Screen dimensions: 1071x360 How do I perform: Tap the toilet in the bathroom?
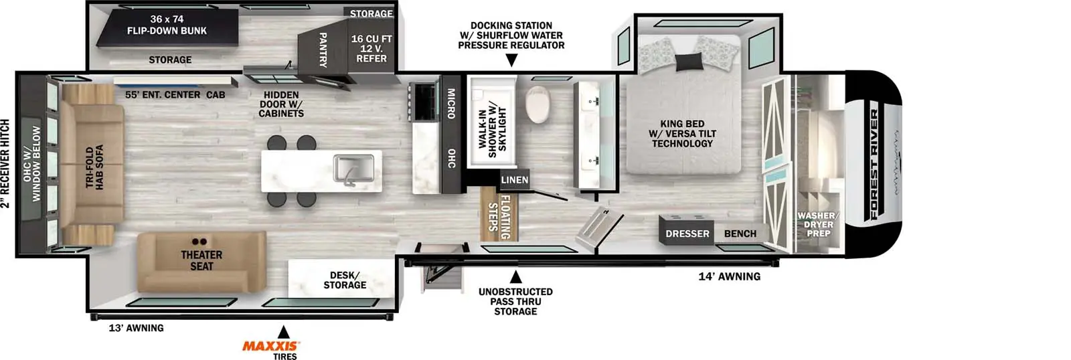[x=538, y=104]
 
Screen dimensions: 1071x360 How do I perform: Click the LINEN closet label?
[x=515, y=180]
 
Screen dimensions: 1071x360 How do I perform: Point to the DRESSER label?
[x=687, y=234]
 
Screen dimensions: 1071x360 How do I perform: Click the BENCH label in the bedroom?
[x=740, y=234]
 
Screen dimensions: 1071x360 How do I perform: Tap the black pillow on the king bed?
[x=689, y=62]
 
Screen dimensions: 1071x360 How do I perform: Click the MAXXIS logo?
[x=270, y=346]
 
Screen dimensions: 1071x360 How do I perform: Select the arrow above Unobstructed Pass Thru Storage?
[x=515, y=277]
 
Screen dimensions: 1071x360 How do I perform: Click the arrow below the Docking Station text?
[x=511, y=60]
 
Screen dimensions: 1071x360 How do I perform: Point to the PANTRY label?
[x=323, y=50]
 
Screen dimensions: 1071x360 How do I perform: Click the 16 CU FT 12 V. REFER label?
[x=372, y=48]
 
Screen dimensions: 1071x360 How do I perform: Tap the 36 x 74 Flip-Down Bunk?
[x=167, y=27]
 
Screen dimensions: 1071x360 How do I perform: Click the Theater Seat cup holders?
[x=199, y=242]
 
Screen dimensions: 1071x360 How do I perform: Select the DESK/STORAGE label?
[x=345, y=280]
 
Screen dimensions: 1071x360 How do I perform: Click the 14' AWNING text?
[x=729, y=276]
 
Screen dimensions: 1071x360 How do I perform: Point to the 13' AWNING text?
[x=137, y=328]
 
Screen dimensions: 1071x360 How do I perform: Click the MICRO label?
[x=451, y=104]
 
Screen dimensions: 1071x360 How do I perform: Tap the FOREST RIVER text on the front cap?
[x=874, y=165]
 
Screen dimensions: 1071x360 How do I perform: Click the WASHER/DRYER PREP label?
[x=818, y=225]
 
